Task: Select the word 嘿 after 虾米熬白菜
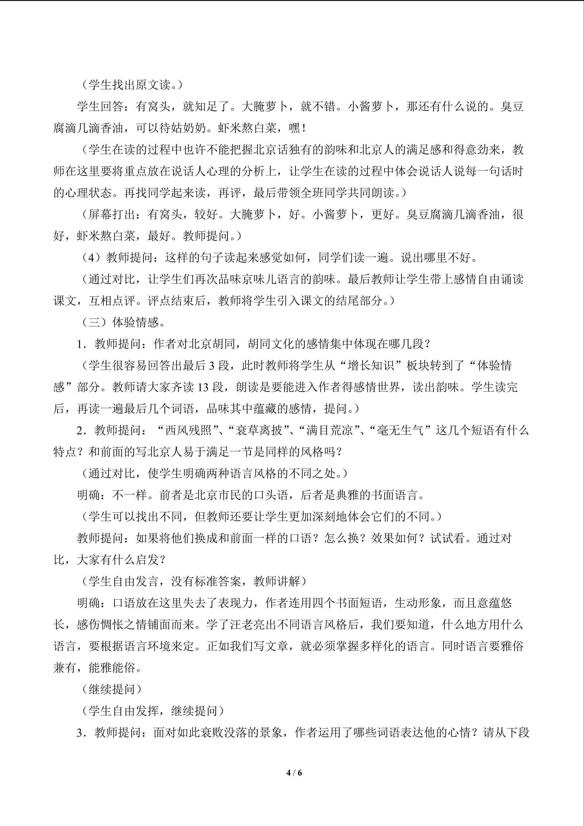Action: [294, 128]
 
